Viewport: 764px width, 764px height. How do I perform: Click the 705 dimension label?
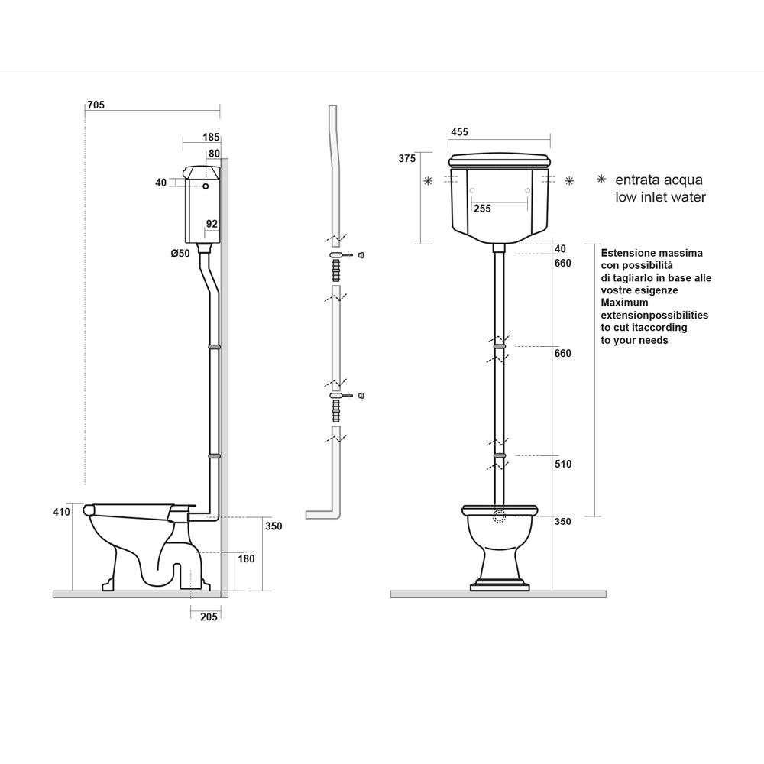pyautogui.click(x=96, y=105)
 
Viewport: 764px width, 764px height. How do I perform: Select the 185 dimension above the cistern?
pyautogui.click(x=212, y=137)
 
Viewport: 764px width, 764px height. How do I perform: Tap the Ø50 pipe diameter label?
pyautogui.click(x=180, y=254)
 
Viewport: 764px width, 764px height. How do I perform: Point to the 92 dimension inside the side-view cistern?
pyautogui.click(x=212, y=224)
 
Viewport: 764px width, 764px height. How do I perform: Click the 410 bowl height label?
pyautogui.click(x=61, y=512)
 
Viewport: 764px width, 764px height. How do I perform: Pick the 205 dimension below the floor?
pyautogui.click(x=209, y=617)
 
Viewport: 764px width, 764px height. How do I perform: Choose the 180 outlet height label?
pyautogui.click(x=246, y=559)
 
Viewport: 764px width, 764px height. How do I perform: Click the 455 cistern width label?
pyautogui.click(x=459, y=132)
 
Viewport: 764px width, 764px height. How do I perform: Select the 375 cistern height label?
pyautogui.click(x=407, y=158)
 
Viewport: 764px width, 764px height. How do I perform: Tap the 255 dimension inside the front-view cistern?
pyautogui.click(x=482, y=209)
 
